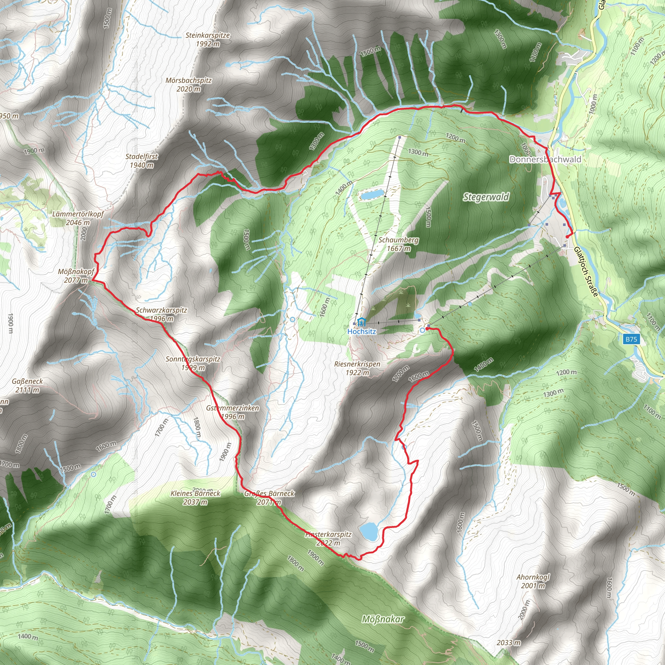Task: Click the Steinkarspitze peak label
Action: click(207, 40)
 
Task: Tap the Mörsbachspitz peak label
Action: click(189, 85)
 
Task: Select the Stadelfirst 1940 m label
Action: click(142, 161)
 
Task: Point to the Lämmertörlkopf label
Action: click(78, 218)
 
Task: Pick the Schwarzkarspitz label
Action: click(161, 314)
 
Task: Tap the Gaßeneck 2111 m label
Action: click(27, 385)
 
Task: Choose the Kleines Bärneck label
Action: click(195, 497)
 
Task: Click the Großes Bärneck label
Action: click(269, 497)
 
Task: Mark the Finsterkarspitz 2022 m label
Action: click(328, 539)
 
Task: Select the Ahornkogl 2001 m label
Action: click(533, 581)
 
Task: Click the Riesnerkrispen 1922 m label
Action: click(357, 368)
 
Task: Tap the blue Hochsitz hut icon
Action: click(361, 322)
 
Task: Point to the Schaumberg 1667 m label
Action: click(399, 244)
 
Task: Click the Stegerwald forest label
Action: click(486, 197)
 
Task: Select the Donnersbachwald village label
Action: click(545, 159)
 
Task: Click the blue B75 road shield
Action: click(631, 339)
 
